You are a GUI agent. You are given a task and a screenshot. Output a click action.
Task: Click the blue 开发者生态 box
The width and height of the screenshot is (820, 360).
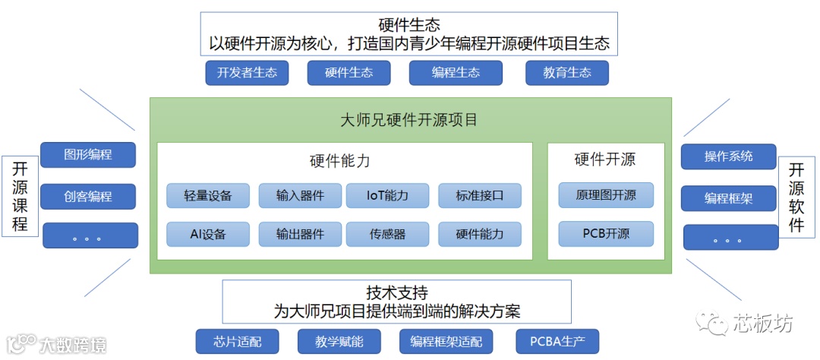click(247, 73)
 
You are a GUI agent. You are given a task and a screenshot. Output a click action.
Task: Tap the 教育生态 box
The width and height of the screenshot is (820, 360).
click(567, 73)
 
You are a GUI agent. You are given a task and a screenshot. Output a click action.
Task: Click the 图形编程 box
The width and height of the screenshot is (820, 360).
click(88, 155)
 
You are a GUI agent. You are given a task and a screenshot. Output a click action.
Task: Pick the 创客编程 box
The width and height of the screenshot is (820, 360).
click(88, 197)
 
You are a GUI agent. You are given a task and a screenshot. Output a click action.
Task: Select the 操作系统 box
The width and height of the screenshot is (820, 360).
click(728, 156)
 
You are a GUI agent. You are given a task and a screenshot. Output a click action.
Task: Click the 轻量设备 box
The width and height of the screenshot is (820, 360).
click(208, 196)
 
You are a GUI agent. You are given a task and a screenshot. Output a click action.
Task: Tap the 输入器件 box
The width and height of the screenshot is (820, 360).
click(301, 196)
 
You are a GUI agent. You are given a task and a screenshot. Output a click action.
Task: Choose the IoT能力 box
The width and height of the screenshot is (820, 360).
click(387, 196)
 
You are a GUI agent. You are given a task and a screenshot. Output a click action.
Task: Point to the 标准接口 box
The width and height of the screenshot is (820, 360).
click(480, 196)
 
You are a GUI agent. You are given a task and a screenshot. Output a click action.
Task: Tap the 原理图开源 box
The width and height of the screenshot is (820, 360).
click(606, 195)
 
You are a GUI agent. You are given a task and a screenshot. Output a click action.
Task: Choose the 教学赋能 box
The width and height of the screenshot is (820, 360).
click(339, 342)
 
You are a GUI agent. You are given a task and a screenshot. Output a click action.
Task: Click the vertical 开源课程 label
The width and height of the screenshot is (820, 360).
click(20, 196)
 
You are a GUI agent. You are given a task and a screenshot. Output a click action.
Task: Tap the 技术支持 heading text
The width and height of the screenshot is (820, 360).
click(397, 292)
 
